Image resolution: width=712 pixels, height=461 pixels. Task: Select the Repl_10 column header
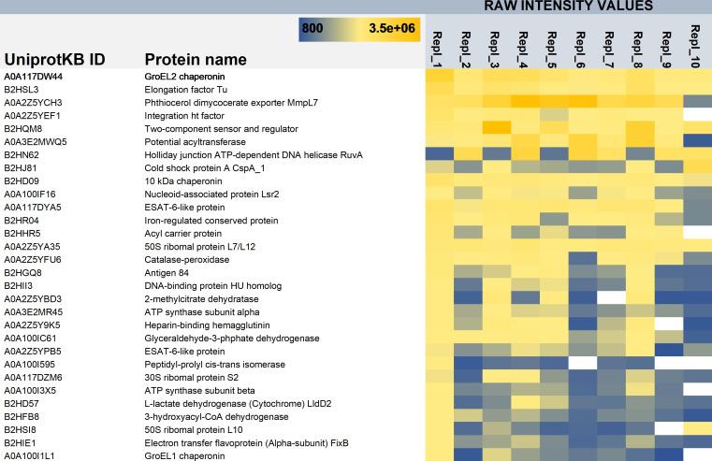coord(695,42)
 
